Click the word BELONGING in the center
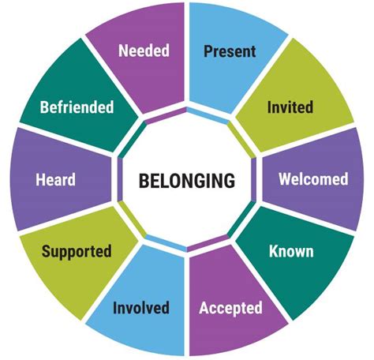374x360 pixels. coord(187,181)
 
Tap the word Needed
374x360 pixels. coord(144,51)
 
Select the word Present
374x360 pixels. coord(230,51)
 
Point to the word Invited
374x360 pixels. coord(290,107)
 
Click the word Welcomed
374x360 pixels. coord(313,179)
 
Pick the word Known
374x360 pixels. coord(291,251)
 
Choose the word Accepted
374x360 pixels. coord(230,308)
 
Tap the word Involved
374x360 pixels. coord(141,307)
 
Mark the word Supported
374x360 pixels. coord(77,251)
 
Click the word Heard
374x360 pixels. coord(55,179)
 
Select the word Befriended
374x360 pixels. coord(77,107)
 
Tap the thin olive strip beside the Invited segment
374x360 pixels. coord(241,140)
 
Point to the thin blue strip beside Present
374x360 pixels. coord(208,115)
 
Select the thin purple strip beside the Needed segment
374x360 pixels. coord(166,115)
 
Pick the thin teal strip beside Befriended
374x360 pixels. coord(132,140)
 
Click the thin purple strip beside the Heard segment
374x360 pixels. coord(120,179)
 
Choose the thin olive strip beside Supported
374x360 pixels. coord(132,219)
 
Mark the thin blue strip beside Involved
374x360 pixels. coord(166,243)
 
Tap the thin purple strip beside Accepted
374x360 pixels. coord(208,243)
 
